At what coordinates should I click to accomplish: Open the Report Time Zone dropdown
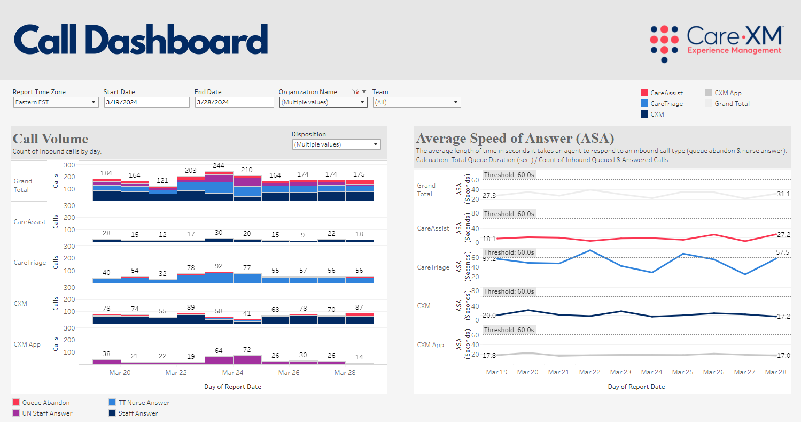point(56,102)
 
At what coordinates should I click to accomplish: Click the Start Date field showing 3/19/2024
point(146,102)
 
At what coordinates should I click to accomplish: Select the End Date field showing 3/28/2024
point(234,102)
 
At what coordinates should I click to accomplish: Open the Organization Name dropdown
point(323,102)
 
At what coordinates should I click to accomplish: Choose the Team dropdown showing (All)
point(416,102)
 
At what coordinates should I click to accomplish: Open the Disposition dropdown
point(336,144)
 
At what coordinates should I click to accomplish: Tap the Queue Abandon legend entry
point(46,403)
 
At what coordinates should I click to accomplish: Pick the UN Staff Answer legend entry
point(47,413)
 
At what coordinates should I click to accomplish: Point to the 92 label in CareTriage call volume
point(219,266)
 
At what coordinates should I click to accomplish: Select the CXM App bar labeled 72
point(247,360)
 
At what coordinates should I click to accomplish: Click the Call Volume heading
point(50,139)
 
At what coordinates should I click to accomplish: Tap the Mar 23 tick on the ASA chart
point(620,372)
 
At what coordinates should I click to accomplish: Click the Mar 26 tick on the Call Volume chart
point(288,372)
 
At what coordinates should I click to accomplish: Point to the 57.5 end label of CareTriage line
point(783,252)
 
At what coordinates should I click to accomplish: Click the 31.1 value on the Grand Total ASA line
point(783,194)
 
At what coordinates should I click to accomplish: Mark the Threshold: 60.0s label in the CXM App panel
point(509,330)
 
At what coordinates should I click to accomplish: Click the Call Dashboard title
point(141,39)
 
